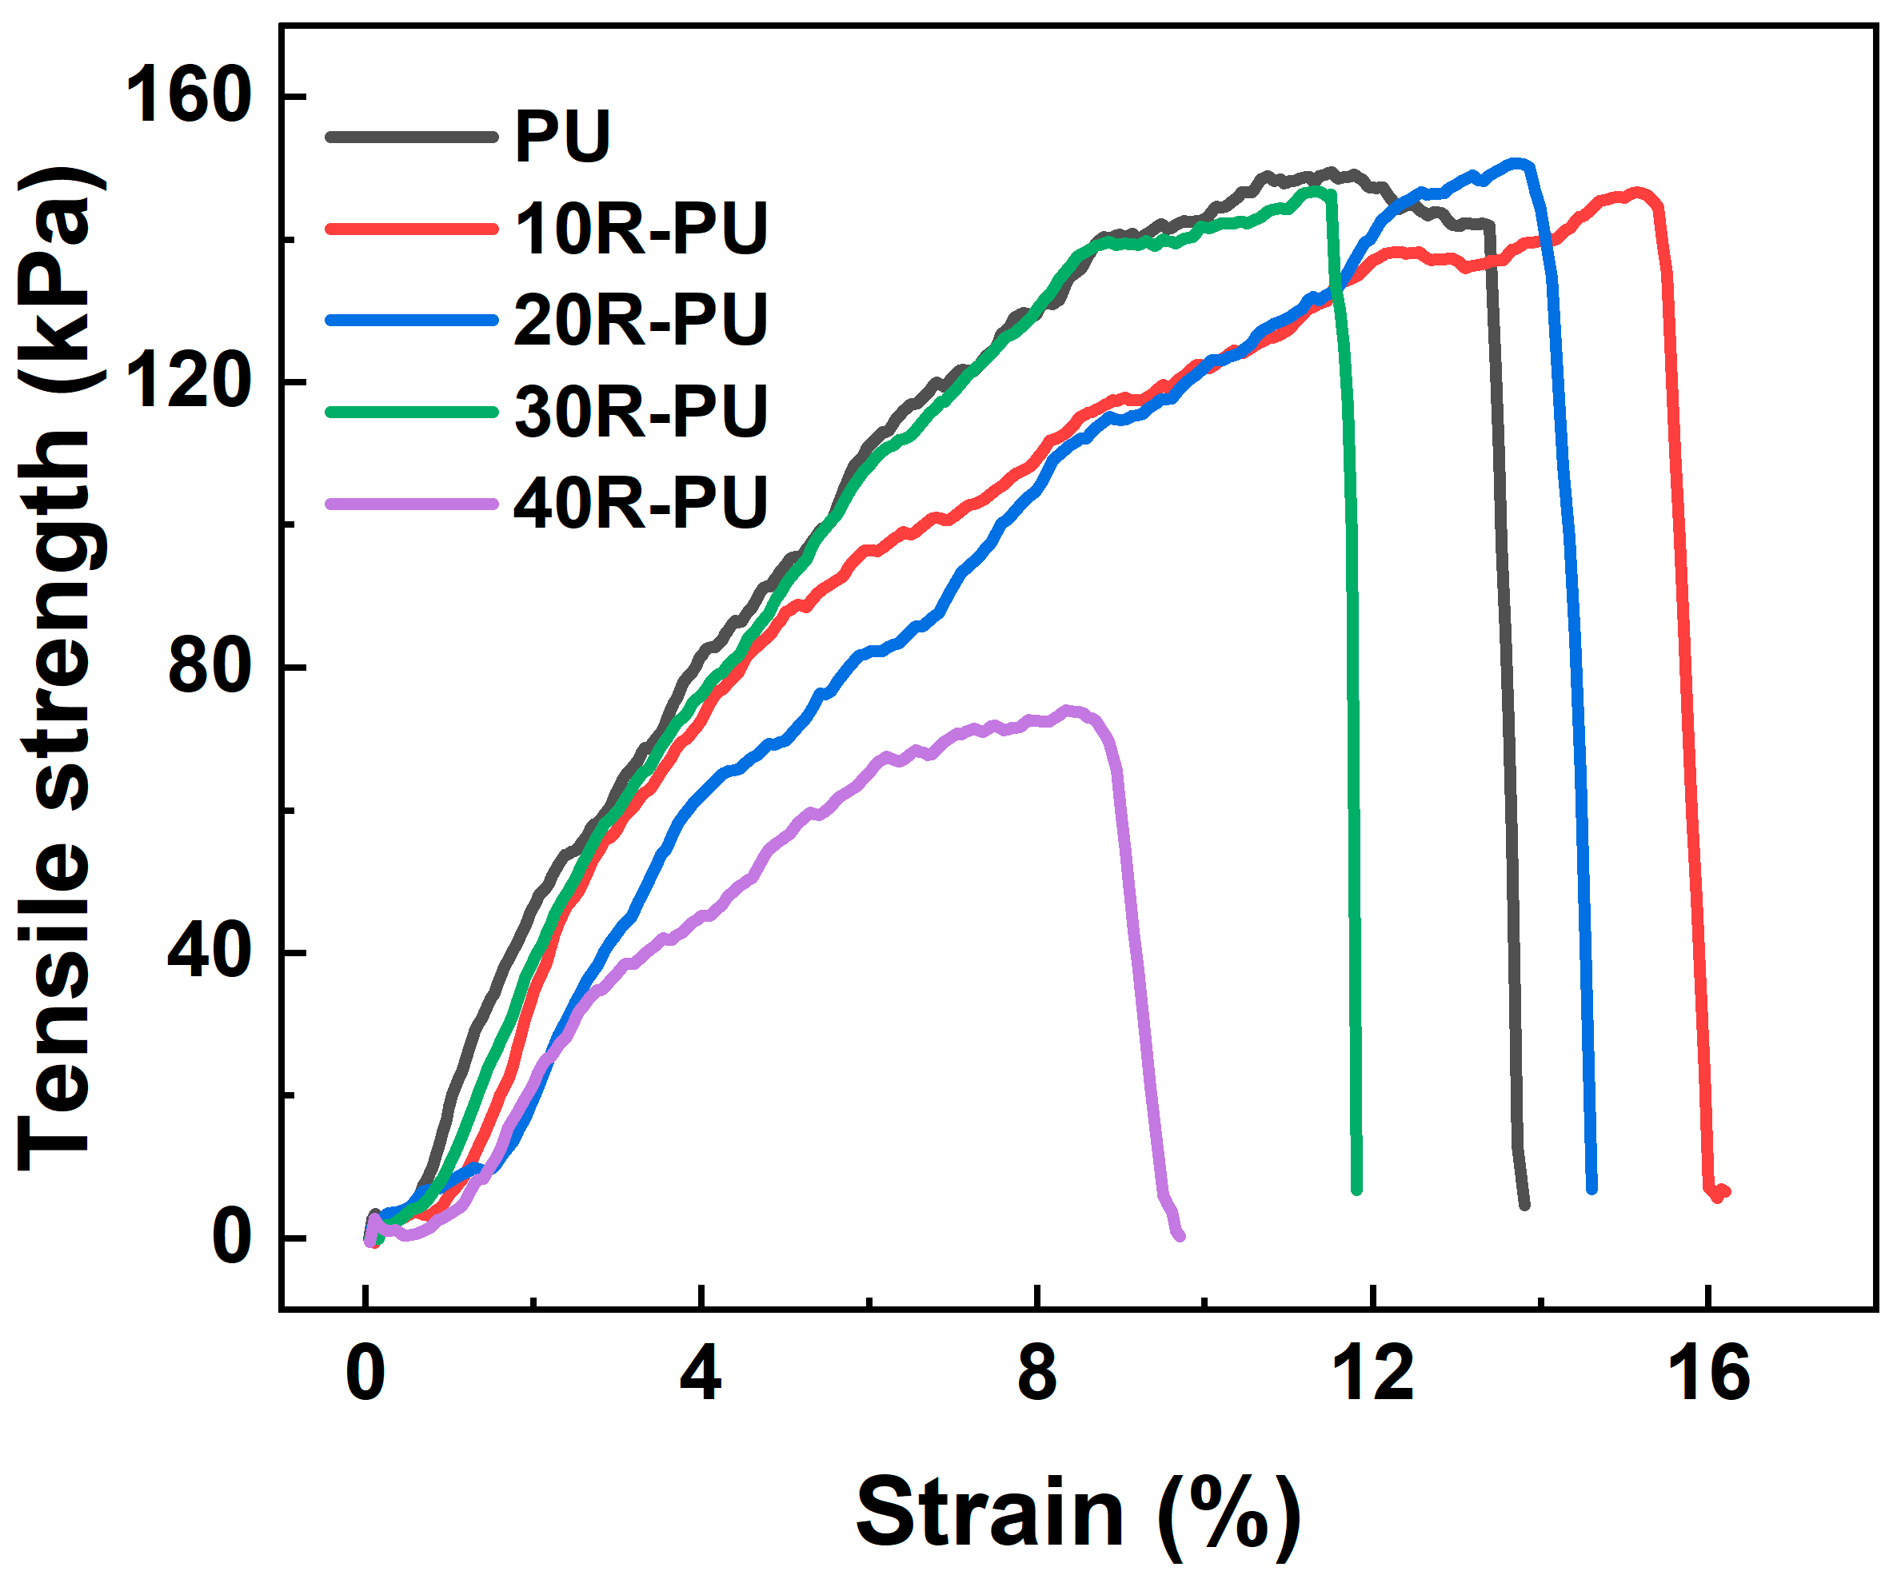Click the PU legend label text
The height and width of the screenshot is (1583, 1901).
click(562, 138)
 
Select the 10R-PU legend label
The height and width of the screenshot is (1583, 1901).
click(640, 229)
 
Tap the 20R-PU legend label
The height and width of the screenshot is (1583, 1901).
click(640, 321)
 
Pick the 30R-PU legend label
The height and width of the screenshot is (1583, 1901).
click(640, 412)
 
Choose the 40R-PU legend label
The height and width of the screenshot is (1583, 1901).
click(640, 503)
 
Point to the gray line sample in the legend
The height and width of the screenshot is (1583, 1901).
click(412, 138)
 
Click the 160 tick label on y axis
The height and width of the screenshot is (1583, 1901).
click(187, 96)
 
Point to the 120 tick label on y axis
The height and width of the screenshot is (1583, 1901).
click(187, 381)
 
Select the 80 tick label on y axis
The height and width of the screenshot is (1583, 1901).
click(208, 667)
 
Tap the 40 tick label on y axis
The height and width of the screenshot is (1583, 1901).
click(208, 952)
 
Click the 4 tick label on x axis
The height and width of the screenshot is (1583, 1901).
click(701, 1374)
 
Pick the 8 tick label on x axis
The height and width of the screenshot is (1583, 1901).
click(1036, 1374)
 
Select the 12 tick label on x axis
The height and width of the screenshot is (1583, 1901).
click(1372, 1374)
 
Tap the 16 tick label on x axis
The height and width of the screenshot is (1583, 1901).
click(1708, 1374)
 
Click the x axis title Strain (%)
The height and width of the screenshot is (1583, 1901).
click(1077, 1514)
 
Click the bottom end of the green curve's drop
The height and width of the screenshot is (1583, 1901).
click(1356, 1190)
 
